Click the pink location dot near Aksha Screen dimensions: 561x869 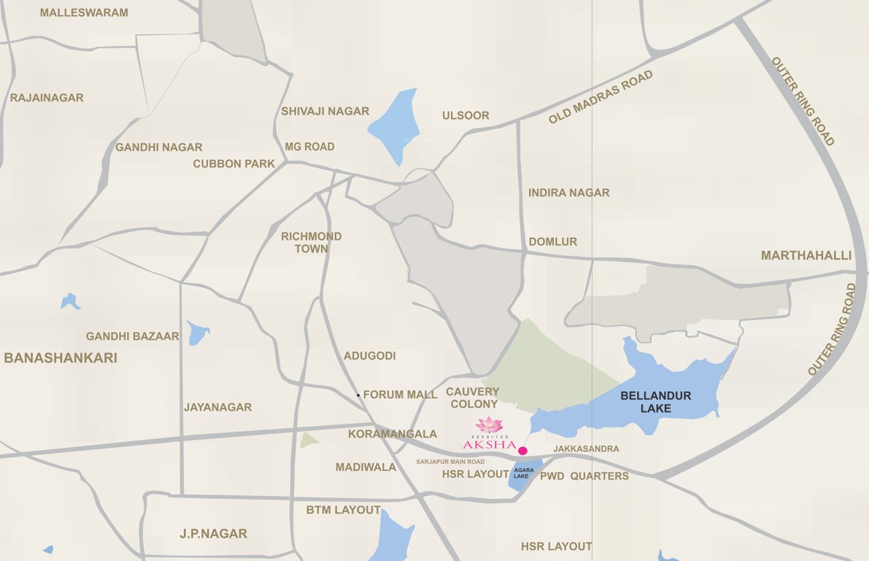522,451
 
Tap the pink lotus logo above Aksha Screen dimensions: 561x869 490,425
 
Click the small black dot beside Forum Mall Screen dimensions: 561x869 358,395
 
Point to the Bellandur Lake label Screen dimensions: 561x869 655,402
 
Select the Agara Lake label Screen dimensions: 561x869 521,473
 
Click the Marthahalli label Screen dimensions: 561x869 806,256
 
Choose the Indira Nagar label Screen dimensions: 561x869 568,193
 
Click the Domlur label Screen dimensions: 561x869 552,242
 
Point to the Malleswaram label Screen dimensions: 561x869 84,12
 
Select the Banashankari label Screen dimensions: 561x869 61,358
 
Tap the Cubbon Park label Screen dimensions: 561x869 233,164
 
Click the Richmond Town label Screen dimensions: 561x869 312,243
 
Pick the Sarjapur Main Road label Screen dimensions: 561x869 450,462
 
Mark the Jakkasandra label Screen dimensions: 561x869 586,449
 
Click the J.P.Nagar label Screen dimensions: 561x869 214,533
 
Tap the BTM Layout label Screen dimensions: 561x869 343,510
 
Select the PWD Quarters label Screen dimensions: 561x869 584,476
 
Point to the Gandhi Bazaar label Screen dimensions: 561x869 132,336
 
